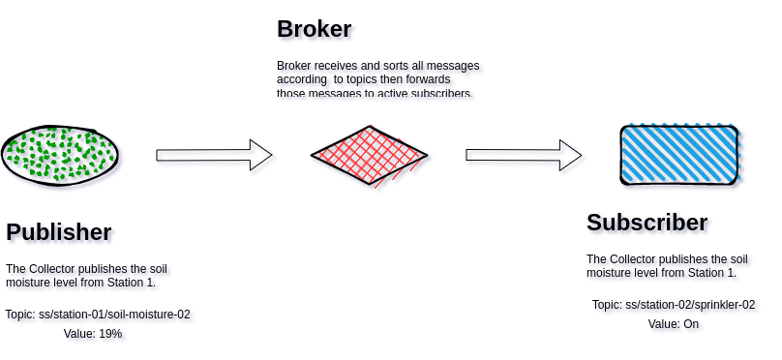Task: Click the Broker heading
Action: (x=314, y=29)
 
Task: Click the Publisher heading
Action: (x=59, y=232)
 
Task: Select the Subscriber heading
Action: (x=647, y=223)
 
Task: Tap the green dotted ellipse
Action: (x=59, y=155)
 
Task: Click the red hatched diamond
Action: (x=369, y=155)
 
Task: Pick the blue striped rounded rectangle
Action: (x=678, y=155)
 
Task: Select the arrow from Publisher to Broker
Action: (x=213, y=155)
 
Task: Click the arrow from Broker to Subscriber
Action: (x=523, y=155)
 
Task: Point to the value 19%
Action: (x=110, y=334)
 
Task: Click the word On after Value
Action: (x=691, y=324)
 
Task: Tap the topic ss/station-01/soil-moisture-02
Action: (x=114, y=315)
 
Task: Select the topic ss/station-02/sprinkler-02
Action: (x=690, y=305)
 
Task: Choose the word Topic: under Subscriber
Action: (x=607, y=305)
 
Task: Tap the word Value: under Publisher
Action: (x=79, y=334)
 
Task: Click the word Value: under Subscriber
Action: (x=664, y=324)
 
